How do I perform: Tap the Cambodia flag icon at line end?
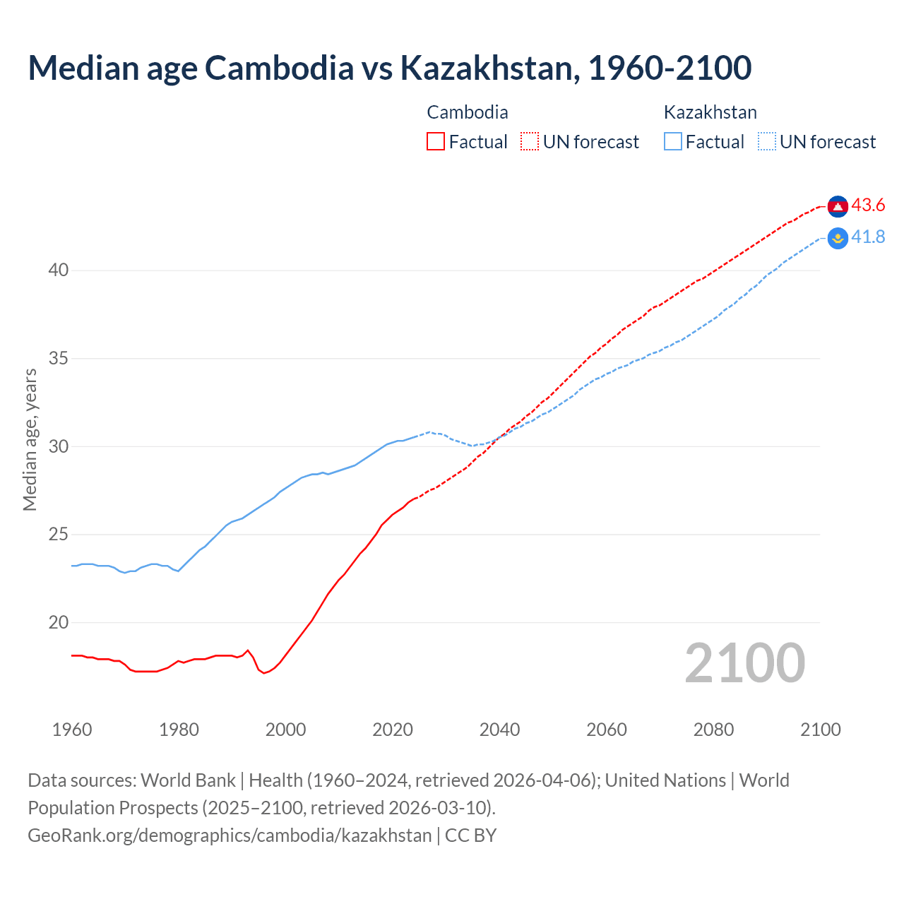[x=838, y=206]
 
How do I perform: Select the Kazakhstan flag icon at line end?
[x=838, y=239]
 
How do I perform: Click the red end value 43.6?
[x=868, y=206]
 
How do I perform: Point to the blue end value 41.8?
[x=868, y=237]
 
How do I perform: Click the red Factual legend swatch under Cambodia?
[x=436, y=142]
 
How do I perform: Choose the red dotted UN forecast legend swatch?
[x=530, y=142]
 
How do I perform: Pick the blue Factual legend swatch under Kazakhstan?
[x=673, y=142]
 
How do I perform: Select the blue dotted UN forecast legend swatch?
[x=767, y=142]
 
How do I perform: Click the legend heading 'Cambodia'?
[x=468, y=112]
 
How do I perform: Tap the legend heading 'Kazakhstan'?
[x=710, y=112]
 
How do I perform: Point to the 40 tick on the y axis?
[x=59, y=270]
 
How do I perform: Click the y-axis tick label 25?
[x=59, y=535]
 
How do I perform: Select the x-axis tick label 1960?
[x=72, y=730]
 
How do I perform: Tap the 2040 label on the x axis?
[x=499, y=730]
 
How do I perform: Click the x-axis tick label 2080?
[x=713, y=730]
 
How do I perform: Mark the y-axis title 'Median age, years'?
[x=30, y=439]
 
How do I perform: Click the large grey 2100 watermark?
[x=744, y=663]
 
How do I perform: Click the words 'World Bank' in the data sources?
[x=188, y=780]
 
